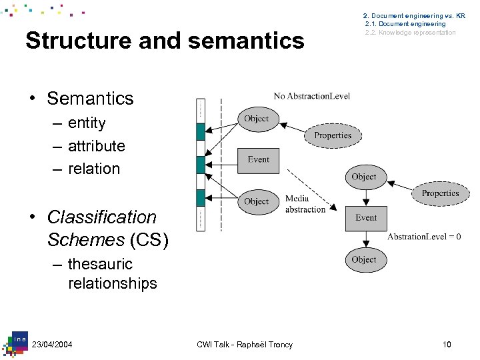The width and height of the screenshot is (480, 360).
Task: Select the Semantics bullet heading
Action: click(90, 99)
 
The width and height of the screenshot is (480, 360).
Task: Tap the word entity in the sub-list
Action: click(87, 123)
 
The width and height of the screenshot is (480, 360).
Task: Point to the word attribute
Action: click(96, 146)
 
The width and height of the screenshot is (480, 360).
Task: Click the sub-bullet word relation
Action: click(94, 169)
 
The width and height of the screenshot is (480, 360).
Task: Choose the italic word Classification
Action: click(102, 217)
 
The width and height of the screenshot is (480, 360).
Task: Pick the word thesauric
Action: click(100, 264)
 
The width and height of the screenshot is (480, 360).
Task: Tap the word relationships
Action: click(112, 283)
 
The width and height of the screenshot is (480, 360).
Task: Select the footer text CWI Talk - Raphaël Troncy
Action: click(245, 344)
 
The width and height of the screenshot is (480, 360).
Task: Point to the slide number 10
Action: click(446, 344)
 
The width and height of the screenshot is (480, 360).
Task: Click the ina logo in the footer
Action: click(19, 340)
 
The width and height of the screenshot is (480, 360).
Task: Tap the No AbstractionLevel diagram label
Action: click(311, 96)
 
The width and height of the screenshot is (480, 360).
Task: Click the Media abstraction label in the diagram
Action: click(305, 204)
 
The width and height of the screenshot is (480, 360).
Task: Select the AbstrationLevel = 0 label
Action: click(424, 237)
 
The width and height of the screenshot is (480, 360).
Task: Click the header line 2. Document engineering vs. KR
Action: click(414, 15)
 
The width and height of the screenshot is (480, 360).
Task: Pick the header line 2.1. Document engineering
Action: click(405, 24)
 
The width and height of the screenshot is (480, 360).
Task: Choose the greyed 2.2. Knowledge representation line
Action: click(410, 33)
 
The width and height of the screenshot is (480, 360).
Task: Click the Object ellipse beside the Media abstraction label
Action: click(257, 201)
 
